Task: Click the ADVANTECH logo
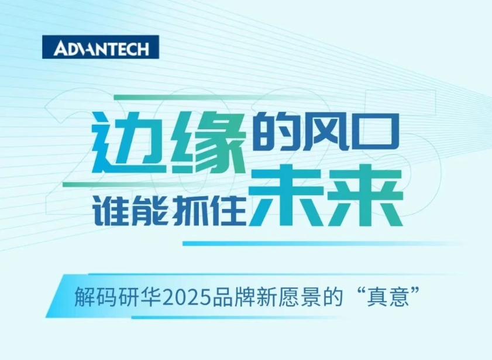pos(101,47)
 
